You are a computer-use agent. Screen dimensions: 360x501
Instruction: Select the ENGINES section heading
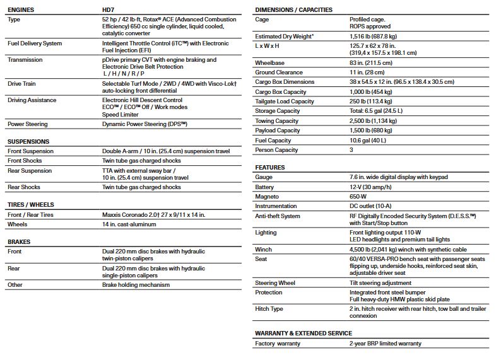point(21,10)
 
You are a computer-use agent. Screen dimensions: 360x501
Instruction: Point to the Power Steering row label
point(29,124)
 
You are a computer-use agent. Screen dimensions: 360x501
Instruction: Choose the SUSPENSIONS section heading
point(28,141)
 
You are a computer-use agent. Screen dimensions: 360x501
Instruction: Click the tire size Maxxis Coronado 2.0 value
point(153,214)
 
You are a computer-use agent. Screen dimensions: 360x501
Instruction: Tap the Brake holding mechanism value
point(136,284)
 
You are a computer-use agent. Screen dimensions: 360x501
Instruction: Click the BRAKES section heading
point(19,241)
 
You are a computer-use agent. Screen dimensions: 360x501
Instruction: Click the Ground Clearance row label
point(279,73)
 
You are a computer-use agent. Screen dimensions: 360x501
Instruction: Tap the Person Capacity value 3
point(351,150)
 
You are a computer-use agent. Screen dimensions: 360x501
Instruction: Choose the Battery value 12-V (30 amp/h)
point(374,187)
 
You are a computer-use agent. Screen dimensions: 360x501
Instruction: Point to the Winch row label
point(264,250)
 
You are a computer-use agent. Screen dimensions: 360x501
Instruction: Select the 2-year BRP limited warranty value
point(385,344)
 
